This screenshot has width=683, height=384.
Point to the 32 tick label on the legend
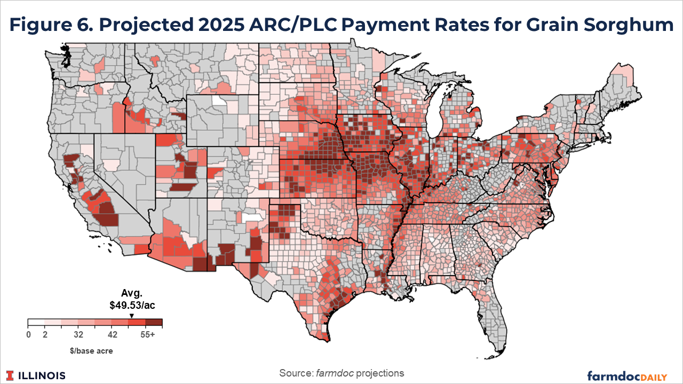[x=78, y=335]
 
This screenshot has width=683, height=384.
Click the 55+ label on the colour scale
[x=147, y=335]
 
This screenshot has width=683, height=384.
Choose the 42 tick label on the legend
[x=112, y=335]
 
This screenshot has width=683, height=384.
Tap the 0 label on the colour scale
[x=28, y=335]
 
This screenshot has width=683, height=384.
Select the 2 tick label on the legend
[x=45, y=335]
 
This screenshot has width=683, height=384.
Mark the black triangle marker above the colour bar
[x=132, y=316]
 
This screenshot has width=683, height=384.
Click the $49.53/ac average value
[x=132, y=306]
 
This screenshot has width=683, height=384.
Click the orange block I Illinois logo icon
[x=11, y=375]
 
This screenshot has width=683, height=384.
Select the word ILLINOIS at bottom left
[x=42, y=375]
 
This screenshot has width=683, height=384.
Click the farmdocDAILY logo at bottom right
[x=627, y=375]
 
